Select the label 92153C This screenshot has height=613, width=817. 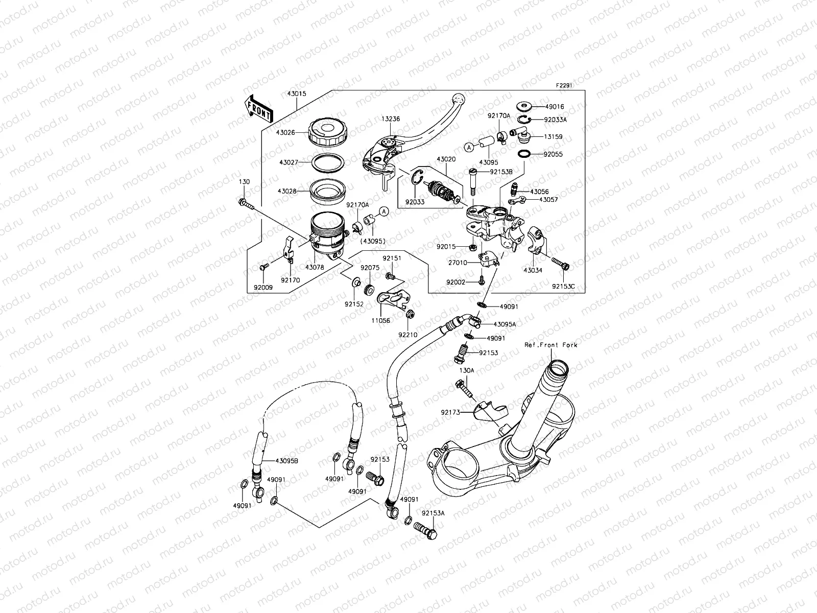(563, 287)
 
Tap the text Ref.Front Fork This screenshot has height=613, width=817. (550, 345)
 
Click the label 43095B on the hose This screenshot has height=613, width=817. (286, 461)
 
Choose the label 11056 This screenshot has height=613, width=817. (381, 321)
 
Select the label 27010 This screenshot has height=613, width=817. (458, 263)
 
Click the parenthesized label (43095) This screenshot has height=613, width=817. (373, 241)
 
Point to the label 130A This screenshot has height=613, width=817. (467, 370)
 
